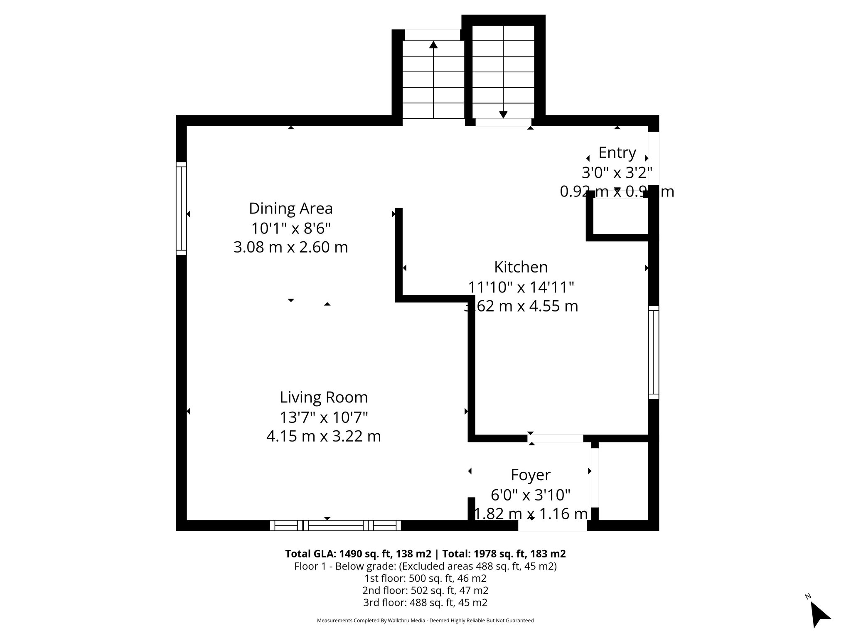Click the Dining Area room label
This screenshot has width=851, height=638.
click(290, 209)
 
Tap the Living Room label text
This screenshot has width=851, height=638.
click(324, 398)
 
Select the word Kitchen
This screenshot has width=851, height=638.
click(521, 267)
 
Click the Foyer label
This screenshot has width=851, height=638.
click(531, 475)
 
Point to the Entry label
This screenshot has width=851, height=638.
click(617, 153)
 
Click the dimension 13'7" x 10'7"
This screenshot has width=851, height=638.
click(324, 417)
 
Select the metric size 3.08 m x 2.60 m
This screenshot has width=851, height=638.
click(290, 248)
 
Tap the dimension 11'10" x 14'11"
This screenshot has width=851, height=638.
click(521, 287)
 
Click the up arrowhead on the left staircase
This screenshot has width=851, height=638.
click(433, 44)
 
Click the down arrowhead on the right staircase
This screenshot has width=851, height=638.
click(503, 115)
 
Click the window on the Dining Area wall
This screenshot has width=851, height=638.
click(181, 208)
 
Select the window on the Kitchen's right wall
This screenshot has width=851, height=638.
click(654, 352)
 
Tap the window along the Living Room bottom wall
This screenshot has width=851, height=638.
click(335, 525)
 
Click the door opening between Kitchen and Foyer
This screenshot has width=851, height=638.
click(555, 439)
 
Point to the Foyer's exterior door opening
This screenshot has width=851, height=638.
click(552, 526)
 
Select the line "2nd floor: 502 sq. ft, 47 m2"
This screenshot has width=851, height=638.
click(425, 591)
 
